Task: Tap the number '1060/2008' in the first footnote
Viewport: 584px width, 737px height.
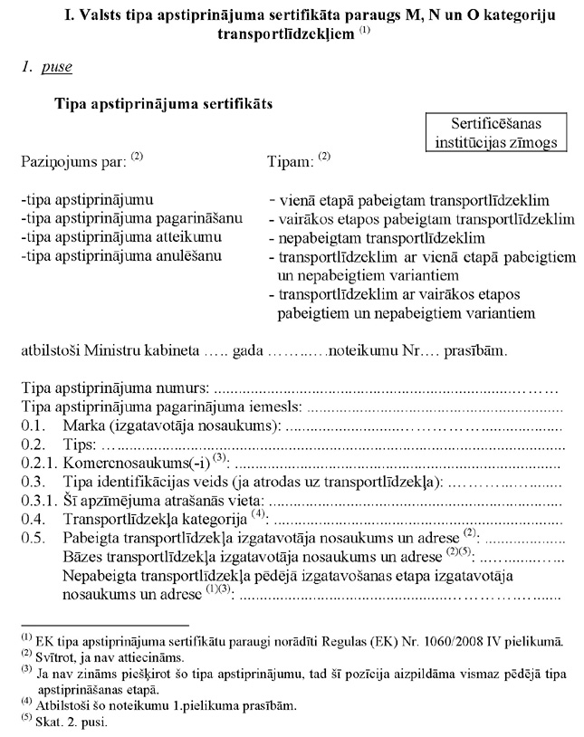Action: (x=437, y=642)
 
